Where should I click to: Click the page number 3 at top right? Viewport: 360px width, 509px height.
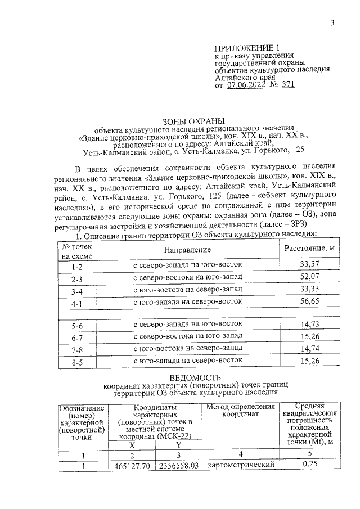pos(332,23)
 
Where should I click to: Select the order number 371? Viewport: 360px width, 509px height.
pos(286,85)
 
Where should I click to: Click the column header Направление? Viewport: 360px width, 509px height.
pos(187,249)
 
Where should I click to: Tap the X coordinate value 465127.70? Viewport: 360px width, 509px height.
pos(132,466)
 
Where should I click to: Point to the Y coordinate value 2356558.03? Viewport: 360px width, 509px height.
pos(179,466)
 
